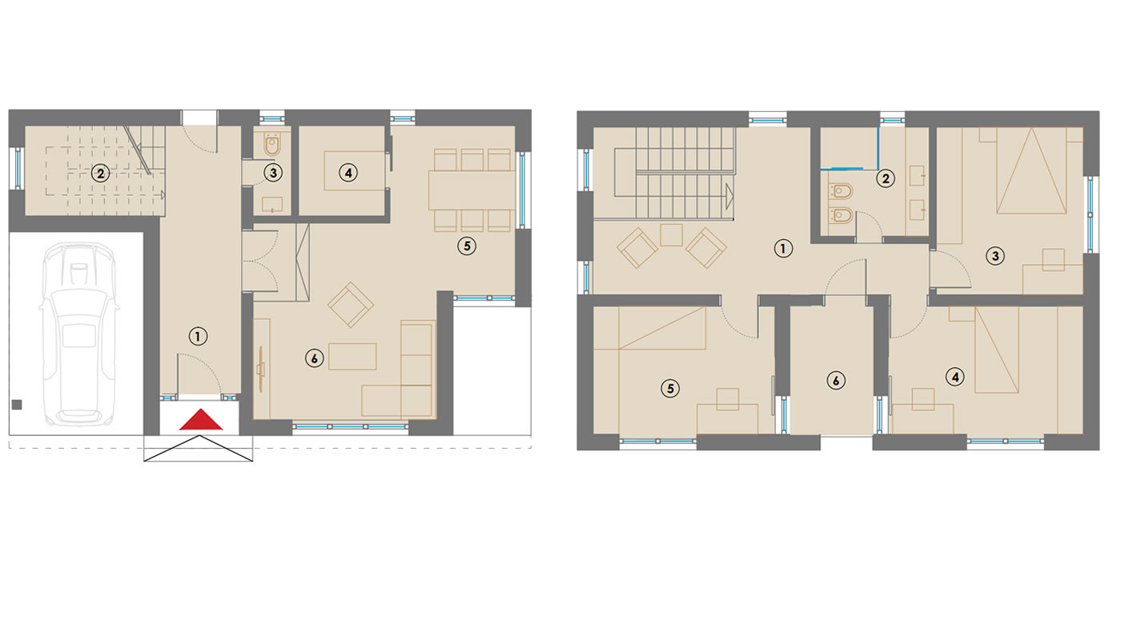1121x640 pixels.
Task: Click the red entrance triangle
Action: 201,420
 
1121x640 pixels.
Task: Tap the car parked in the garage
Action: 78,334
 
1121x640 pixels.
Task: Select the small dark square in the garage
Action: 17,405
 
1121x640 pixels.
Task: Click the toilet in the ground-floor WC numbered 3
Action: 271,145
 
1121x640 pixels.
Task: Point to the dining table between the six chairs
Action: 472,190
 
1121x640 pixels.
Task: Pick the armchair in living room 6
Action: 351,305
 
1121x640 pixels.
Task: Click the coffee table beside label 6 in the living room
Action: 352,357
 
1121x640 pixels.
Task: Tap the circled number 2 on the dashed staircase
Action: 101,174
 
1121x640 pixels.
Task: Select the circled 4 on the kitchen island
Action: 348,173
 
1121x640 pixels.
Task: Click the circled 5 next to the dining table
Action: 467,246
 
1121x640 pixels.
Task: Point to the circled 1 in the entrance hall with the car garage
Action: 198,337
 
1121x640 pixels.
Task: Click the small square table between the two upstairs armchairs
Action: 672,235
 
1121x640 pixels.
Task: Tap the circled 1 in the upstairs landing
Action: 783,249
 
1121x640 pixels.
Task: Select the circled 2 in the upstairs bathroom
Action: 886,178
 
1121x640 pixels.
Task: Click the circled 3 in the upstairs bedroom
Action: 995,257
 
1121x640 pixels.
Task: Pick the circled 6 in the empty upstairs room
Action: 836,381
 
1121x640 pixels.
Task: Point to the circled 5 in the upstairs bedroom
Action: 670,389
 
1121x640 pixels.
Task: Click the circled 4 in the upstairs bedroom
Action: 955,377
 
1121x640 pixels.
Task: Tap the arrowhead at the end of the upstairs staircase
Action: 729,196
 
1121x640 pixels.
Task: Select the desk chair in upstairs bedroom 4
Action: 923,399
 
